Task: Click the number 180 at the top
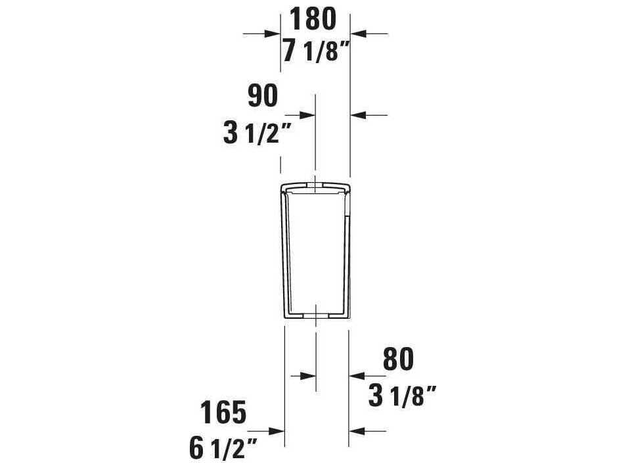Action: (313, 18)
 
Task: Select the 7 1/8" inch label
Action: (314, 51)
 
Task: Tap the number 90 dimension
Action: (263, 97)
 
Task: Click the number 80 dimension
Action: (399, 360)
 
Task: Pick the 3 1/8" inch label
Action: (403, 396)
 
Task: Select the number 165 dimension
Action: (223, 412)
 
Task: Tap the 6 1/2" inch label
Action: (222, 449)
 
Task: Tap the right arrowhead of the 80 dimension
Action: (356, 375)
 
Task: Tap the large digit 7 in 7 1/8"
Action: (290, 51)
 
